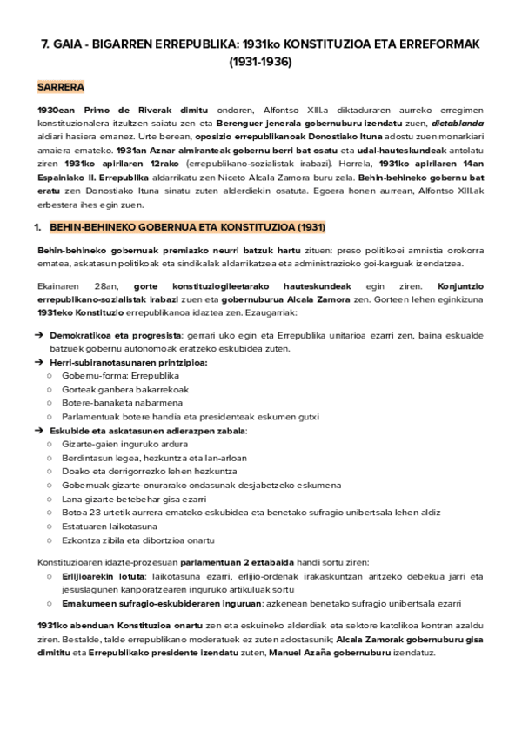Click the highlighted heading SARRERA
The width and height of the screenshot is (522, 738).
(x=60, y=88)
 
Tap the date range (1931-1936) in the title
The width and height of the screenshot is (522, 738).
(x=260, y=62)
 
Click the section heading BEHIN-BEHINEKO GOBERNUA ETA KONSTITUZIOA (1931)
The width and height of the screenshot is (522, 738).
(x=188, y=227)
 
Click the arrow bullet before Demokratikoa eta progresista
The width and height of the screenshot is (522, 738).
(x=40, y=335)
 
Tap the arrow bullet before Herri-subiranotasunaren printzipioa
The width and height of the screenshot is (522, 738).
(x=40, y=362)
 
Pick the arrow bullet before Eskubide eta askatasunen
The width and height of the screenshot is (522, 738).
(x=40, y=430)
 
